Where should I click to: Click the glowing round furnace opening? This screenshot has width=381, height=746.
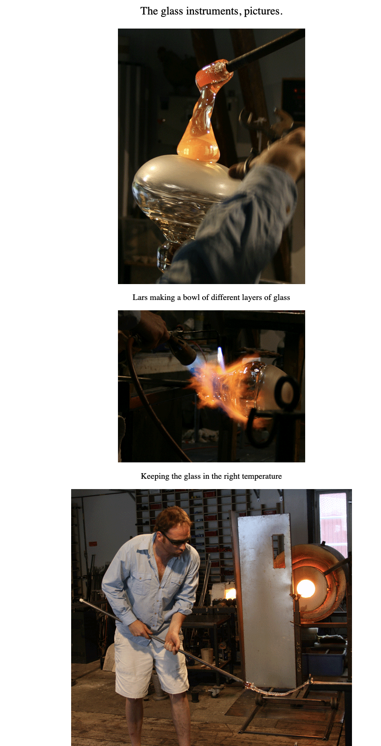[x=306, y=588]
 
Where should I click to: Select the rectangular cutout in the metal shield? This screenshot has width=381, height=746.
[x=278, y=551]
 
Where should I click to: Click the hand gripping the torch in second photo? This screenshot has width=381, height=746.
[x=153, y=326]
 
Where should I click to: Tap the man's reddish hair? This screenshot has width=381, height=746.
[x=171, y=519]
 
